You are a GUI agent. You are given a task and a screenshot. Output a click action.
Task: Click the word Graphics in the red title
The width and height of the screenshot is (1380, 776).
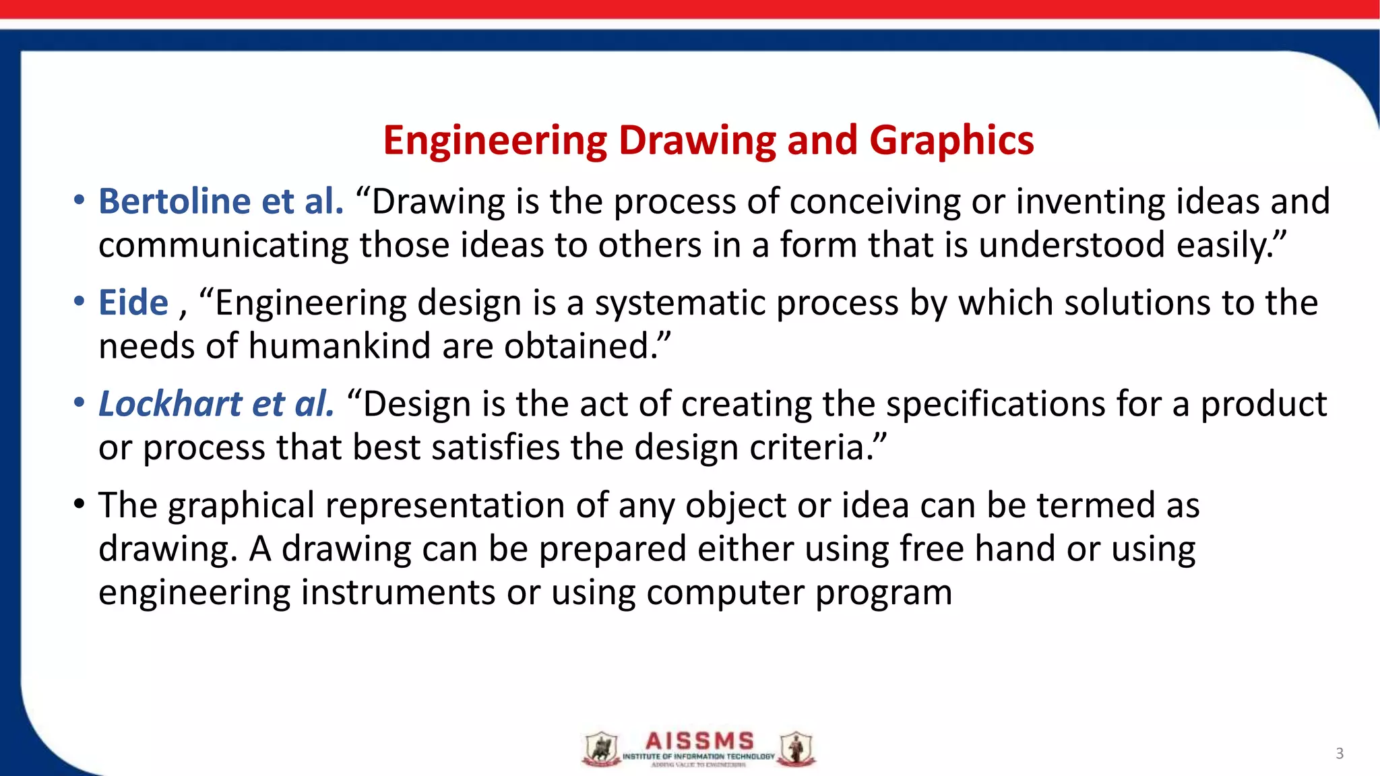pos(951,140)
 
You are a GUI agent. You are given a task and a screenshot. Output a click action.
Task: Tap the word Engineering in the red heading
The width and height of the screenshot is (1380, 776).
pos(495,140)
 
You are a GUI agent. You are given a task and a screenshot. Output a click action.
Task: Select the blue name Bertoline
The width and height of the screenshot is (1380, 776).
pos(175,201)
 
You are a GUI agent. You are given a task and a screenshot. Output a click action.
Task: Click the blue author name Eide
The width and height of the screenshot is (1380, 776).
pos(133,302)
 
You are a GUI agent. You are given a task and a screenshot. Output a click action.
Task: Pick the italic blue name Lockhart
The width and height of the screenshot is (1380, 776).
pos(170,404)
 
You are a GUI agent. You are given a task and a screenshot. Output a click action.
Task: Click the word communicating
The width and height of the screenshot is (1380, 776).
pos(223,245)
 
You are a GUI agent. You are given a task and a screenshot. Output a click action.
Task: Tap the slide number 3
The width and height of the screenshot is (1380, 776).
pos(1340,754)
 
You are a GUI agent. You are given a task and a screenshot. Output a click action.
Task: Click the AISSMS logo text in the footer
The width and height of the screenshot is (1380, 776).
pos(699,742)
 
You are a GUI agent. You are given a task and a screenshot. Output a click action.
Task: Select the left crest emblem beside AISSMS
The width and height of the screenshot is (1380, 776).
pos(601,749)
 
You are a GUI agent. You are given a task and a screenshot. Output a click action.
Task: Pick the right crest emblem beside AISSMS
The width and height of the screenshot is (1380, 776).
pos(796,749)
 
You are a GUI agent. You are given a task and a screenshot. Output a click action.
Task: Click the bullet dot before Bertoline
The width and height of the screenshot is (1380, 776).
pos(80,200)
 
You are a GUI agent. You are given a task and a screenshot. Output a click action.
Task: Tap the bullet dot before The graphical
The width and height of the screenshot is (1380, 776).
pos(80,504)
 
